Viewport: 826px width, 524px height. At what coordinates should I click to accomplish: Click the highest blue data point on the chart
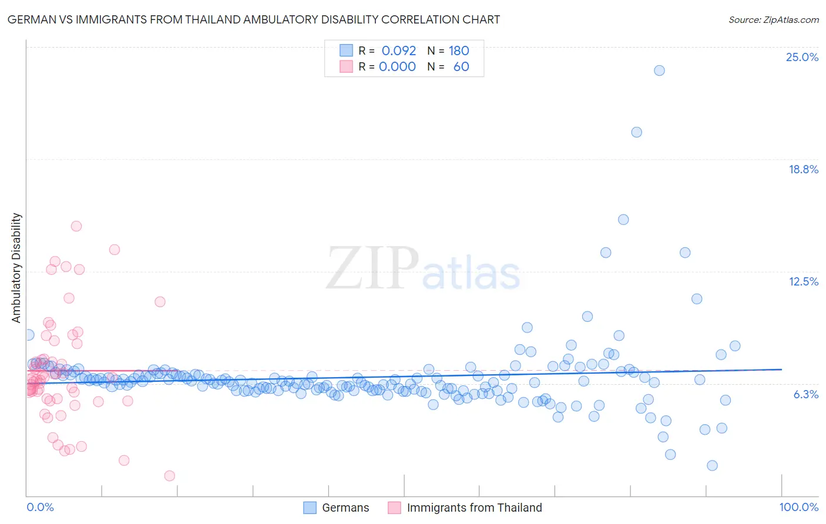click(659, 70)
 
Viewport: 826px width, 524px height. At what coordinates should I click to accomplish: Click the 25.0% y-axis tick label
click(802, 57)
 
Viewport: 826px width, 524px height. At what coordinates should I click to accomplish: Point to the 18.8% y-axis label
click(803, 169)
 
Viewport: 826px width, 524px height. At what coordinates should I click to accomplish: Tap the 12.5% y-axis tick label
click(803, 281)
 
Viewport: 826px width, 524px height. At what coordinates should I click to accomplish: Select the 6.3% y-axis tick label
click(805, 394)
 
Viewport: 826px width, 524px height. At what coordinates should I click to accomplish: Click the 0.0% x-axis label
click(40, 507)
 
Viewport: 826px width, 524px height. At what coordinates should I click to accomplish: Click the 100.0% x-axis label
click(798, 507)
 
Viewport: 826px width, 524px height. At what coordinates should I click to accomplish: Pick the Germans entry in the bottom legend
click(345, 508)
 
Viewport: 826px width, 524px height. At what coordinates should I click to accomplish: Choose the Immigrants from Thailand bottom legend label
click(474, 508)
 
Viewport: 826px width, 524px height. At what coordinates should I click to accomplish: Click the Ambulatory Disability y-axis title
click(16, 268)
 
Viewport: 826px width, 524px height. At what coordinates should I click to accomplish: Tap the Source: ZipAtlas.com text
click(773, 19)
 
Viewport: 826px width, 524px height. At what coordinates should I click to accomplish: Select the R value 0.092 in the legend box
click(398, 51)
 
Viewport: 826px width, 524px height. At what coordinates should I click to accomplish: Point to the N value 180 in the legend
click(459, 51)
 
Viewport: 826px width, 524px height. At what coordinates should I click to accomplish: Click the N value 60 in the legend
click(461, 66)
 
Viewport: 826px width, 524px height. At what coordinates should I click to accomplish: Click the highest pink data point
click(76, 226)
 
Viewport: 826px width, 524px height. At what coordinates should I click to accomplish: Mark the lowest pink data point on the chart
click(170, 476)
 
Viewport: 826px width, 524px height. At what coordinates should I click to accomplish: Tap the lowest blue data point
click(712, 465)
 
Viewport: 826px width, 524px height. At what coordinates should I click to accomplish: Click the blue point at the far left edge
click(28, 335)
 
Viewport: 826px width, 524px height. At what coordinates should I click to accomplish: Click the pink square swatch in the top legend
click(346, 66)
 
